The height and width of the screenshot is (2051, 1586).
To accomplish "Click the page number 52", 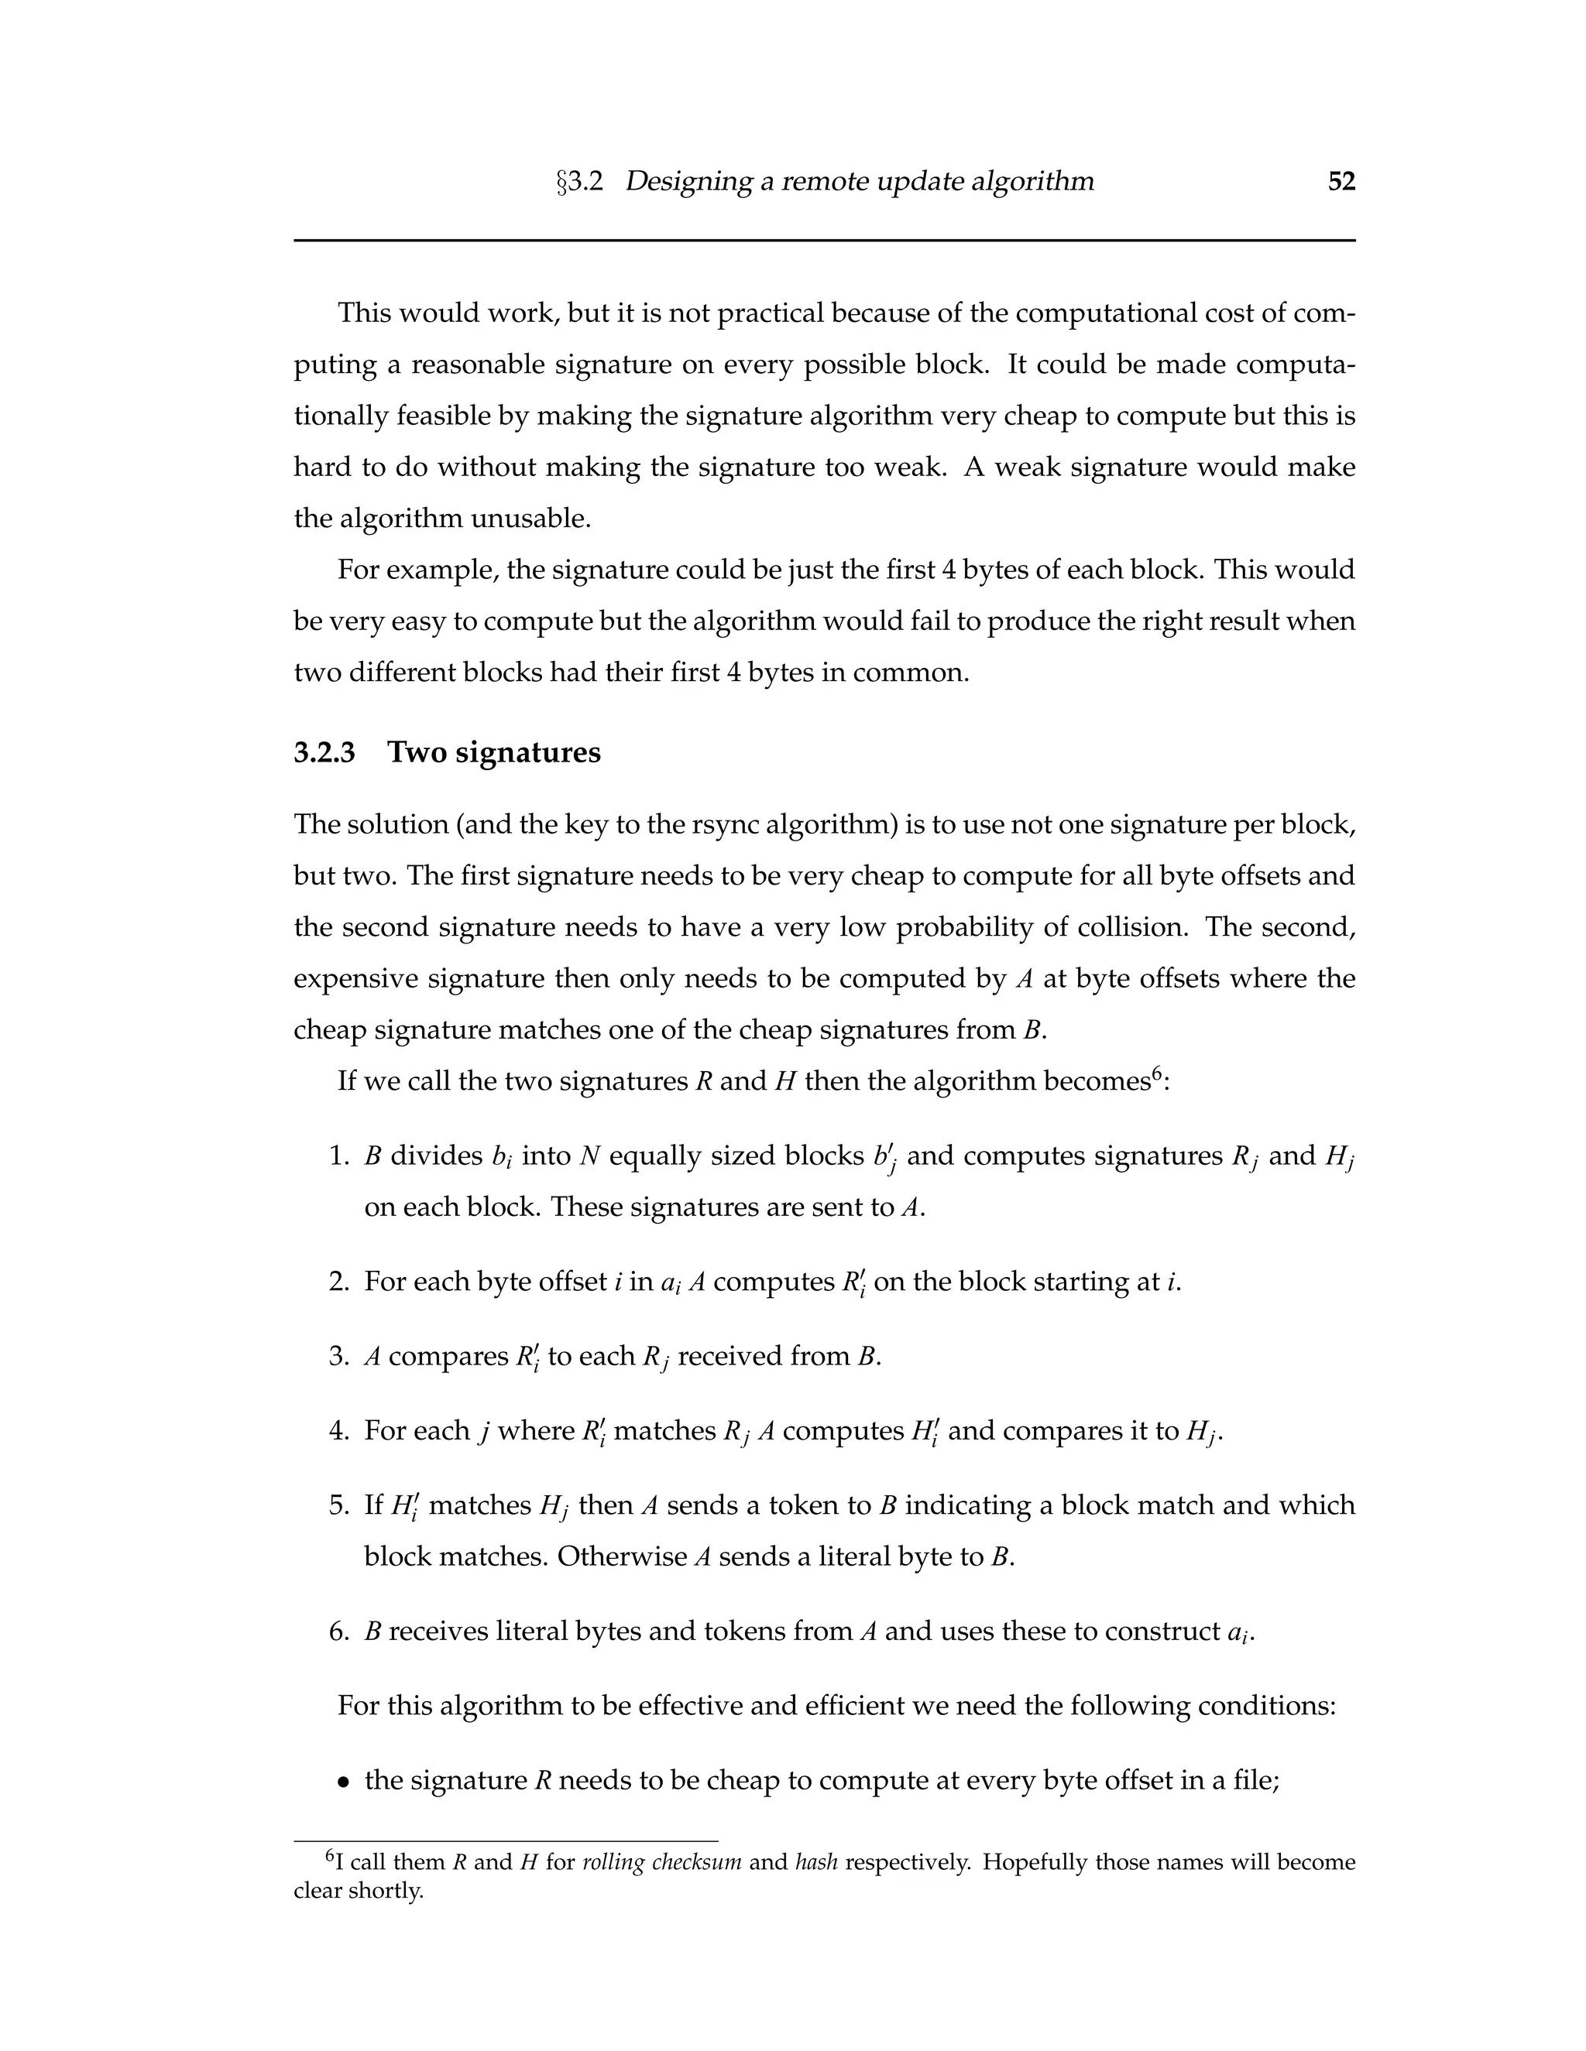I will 1341,181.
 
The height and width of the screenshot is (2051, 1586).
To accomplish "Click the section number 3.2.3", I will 324,752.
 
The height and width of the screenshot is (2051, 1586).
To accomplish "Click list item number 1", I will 339,1156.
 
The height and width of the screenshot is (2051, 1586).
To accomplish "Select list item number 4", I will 339,1430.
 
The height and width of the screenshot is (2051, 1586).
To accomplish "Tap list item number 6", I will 339,1632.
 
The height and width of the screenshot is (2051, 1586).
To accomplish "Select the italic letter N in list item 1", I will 589,1156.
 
